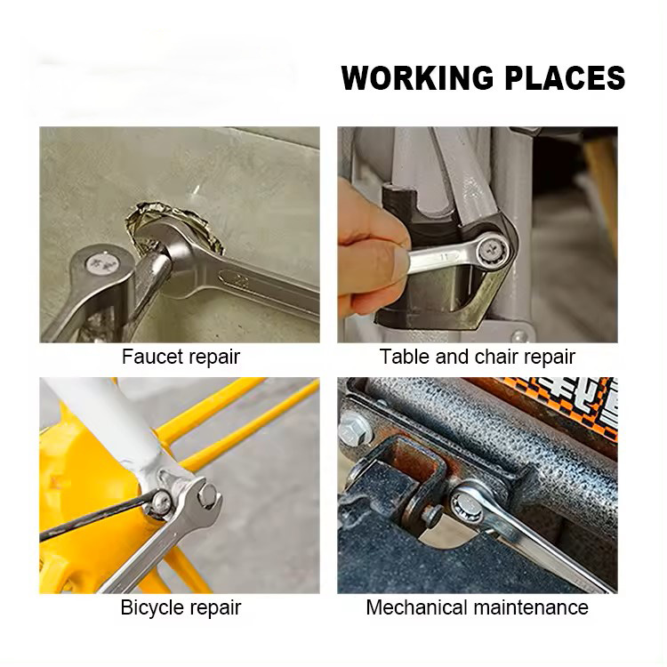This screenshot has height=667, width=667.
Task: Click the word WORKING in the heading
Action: [x=417, y=78]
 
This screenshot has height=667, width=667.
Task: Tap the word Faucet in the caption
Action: [x=151, y=357]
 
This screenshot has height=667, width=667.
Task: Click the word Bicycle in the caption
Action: [x=153, y=607]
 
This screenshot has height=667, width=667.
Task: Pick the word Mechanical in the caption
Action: [x=417, y=607]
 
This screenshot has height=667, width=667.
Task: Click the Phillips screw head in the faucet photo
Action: [x=102, y=265]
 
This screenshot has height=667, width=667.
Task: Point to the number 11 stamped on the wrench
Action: [x=445, y=257]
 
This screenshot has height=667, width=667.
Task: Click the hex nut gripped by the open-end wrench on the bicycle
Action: [x=207, y=495]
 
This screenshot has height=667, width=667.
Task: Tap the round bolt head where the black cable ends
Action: [x=161, y=503]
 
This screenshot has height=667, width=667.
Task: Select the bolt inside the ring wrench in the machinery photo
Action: [x=470, y=508]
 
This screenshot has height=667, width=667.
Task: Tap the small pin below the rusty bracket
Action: [x=432, y=516]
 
